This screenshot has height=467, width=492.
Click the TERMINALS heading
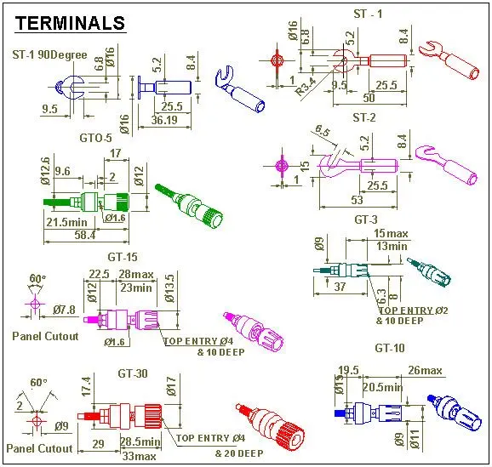point(71,23)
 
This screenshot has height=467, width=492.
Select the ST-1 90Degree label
point(49,55)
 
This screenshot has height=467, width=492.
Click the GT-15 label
point(123,256)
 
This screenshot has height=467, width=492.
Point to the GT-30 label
point(134,373)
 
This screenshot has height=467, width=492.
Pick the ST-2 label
point(363,117)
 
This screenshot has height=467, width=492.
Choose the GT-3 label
point(365,219)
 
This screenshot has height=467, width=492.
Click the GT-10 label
point(390,348)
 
